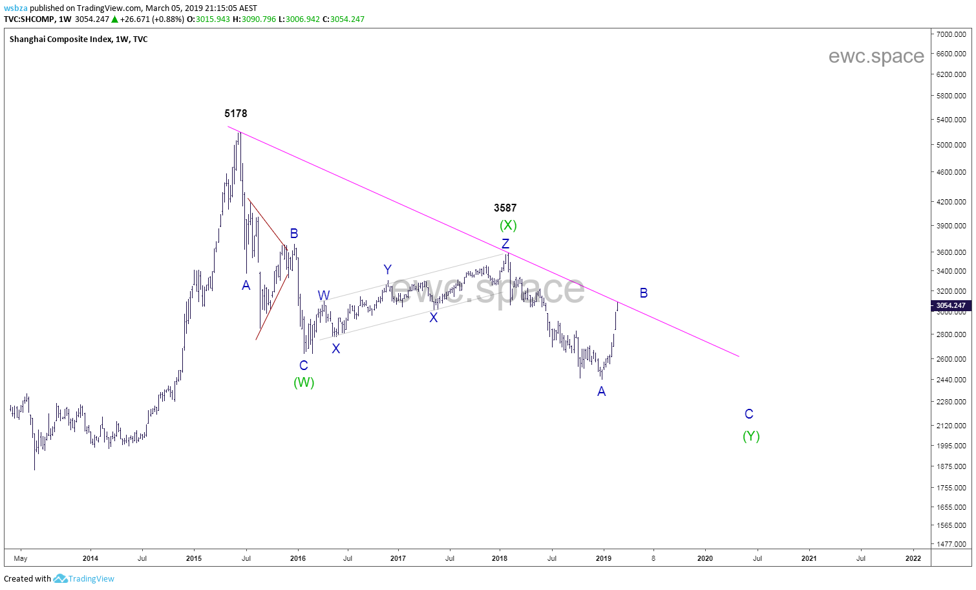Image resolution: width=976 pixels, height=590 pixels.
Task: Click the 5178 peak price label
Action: pyautogui.click(x=235, y=113)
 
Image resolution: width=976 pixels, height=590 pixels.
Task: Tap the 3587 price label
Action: pyautogui.click(x=505, y=208)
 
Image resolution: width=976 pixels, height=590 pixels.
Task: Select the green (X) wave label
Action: pyautogui.click(x=508, y=225)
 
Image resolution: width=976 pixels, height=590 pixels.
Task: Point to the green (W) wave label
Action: pyautogui.click(x=304, y=382)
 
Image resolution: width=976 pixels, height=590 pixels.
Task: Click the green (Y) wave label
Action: pyautogui.click(x=751, y=436)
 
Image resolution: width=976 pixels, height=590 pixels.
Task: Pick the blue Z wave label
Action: pyautogui.click(x=505, y=244)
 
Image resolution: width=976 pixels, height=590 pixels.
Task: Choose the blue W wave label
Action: pyautogui.click(x=324, y=296)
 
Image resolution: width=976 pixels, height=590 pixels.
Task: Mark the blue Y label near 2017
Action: pyautogui.click(x=387, y=270)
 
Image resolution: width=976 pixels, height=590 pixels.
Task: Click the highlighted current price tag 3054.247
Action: pyautogui.click(x=951, y=305)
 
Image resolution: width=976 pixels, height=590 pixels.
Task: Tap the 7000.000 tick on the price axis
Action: pyautogui.click(x=951, y=34)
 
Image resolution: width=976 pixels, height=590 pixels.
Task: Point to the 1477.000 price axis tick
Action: pyautogui.click(x=951, y=544)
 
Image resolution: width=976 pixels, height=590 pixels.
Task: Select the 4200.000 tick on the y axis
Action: pyautogui.click(x=951, y=202)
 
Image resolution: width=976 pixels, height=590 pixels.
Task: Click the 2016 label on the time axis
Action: pyautogui.click(x=297, y=558)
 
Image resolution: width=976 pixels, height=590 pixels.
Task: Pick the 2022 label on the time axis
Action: pyautogui.click(x=913, y=558)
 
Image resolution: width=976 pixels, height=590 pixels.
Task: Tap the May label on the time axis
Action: pyautogui.click(x=21, y=558)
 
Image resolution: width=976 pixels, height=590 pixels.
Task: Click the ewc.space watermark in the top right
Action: pyautogui.click(x=876, y=56)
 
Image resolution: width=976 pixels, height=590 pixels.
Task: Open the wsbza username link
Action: pyautogui.click(x=16, y=8)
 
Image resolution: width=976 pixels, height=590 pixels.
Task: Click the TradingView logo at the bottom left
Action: pyautogui.click(x=84, y=578)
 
